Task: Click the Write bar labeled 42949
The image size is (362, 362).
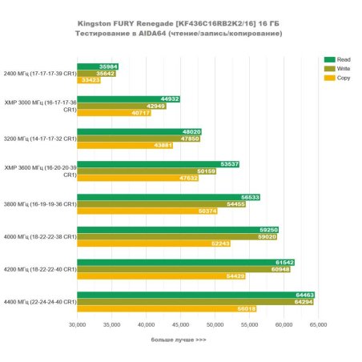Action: tap(121, 106)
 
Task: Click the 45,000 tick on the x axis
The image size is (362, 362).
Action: tap(180, 325)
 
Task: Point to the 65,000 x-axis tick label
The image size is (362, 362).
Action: tap(318, 325)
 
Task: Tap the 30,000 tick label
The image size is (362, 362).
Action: tap(77, 325)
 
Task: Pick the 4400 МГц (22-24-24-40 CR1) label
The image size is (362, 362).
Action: tap(40, 302)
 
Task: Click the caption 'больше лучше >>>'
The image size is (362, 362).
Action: tap(179, 340)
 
